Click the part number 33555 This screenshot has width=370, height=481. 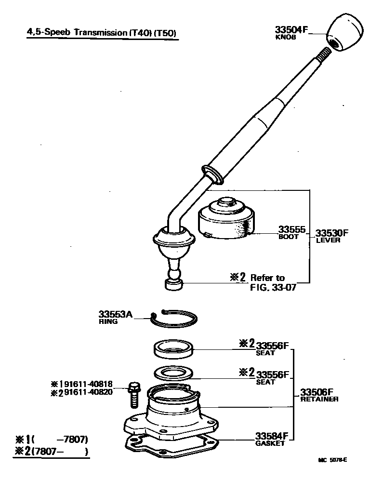[x=291, y=230]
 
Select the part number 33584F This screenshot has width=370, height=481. [x=272, y=437]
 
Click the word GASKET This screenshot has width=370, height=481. [x=270, y=443]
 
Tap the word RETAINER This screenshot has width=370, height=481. [x=319, y=399]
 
